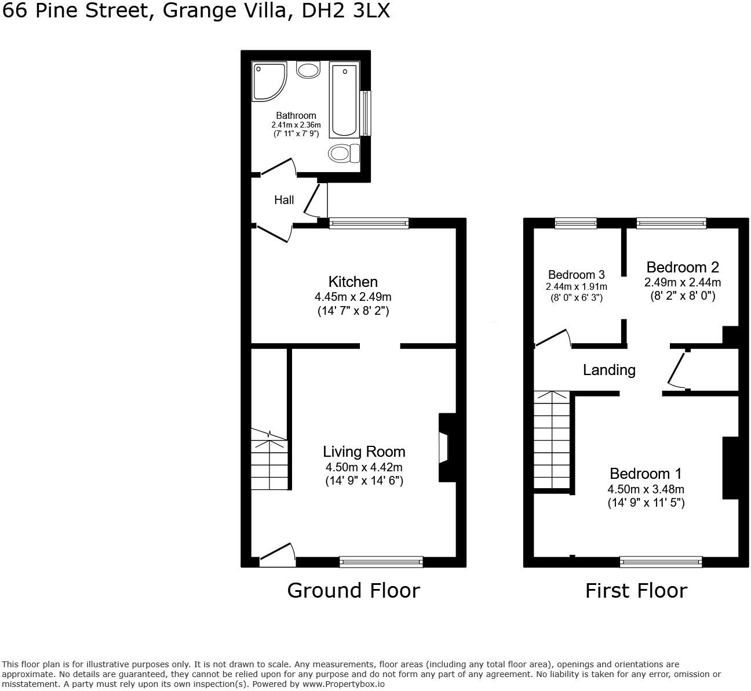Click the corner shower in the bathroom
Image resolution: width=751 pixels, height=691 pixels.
pos(268,81)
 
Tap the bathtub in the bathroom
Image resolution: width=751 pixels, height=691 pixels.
pos(344,101)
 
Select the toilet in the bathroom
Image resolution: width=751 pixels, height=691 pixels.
pos(344,154)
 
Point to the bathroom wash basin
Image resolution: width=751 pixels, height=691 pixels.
pos(308,70)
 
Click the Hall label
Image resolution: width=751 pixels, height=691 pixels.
pos(284,200)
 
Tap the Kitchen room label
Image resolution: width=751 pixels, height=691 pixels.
pos(353,282)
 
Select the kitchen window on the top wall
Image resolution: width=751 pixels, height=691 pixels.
pos(369,223)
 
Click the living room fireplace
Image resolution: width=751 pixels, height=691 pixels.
pos(446,447)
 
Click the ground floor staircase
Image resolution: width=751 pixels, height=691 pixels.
pos(269,461)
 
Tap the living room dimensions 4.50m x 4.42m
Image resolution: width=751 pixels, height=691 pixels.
pos(364,467)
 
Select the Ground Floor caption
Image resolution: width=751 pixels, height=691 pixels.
pos(353,591)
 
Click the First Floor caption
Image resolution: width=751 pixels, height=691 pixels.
pos(636,591)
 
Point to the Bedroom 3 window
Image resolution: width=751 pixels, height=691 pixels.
pos(575,223)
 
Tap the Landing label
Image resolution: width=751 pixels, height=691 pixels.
pos(609,370)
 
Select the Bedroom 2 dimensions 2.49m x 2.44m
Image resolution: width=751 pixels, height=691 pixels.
pos(683,282)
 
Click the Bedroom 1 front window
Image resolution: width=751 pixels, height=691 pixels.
pos(661,561)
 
